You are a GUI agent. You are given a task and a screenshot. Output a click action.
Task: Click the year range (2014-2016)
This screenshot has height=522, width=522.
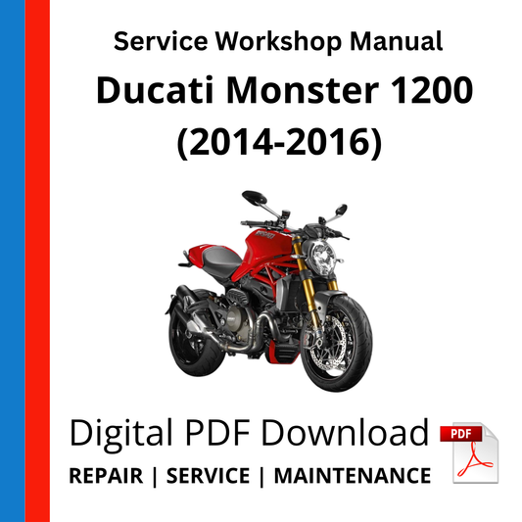tap(276, 142)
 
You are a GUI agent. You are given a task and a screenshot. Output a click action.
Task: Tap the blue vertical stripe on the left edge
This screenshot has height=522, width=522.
tap(12, 261)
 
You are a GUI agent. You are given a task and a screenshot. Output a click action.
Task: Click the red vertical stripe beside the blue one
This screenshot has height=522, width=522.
tap(37, 261)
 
